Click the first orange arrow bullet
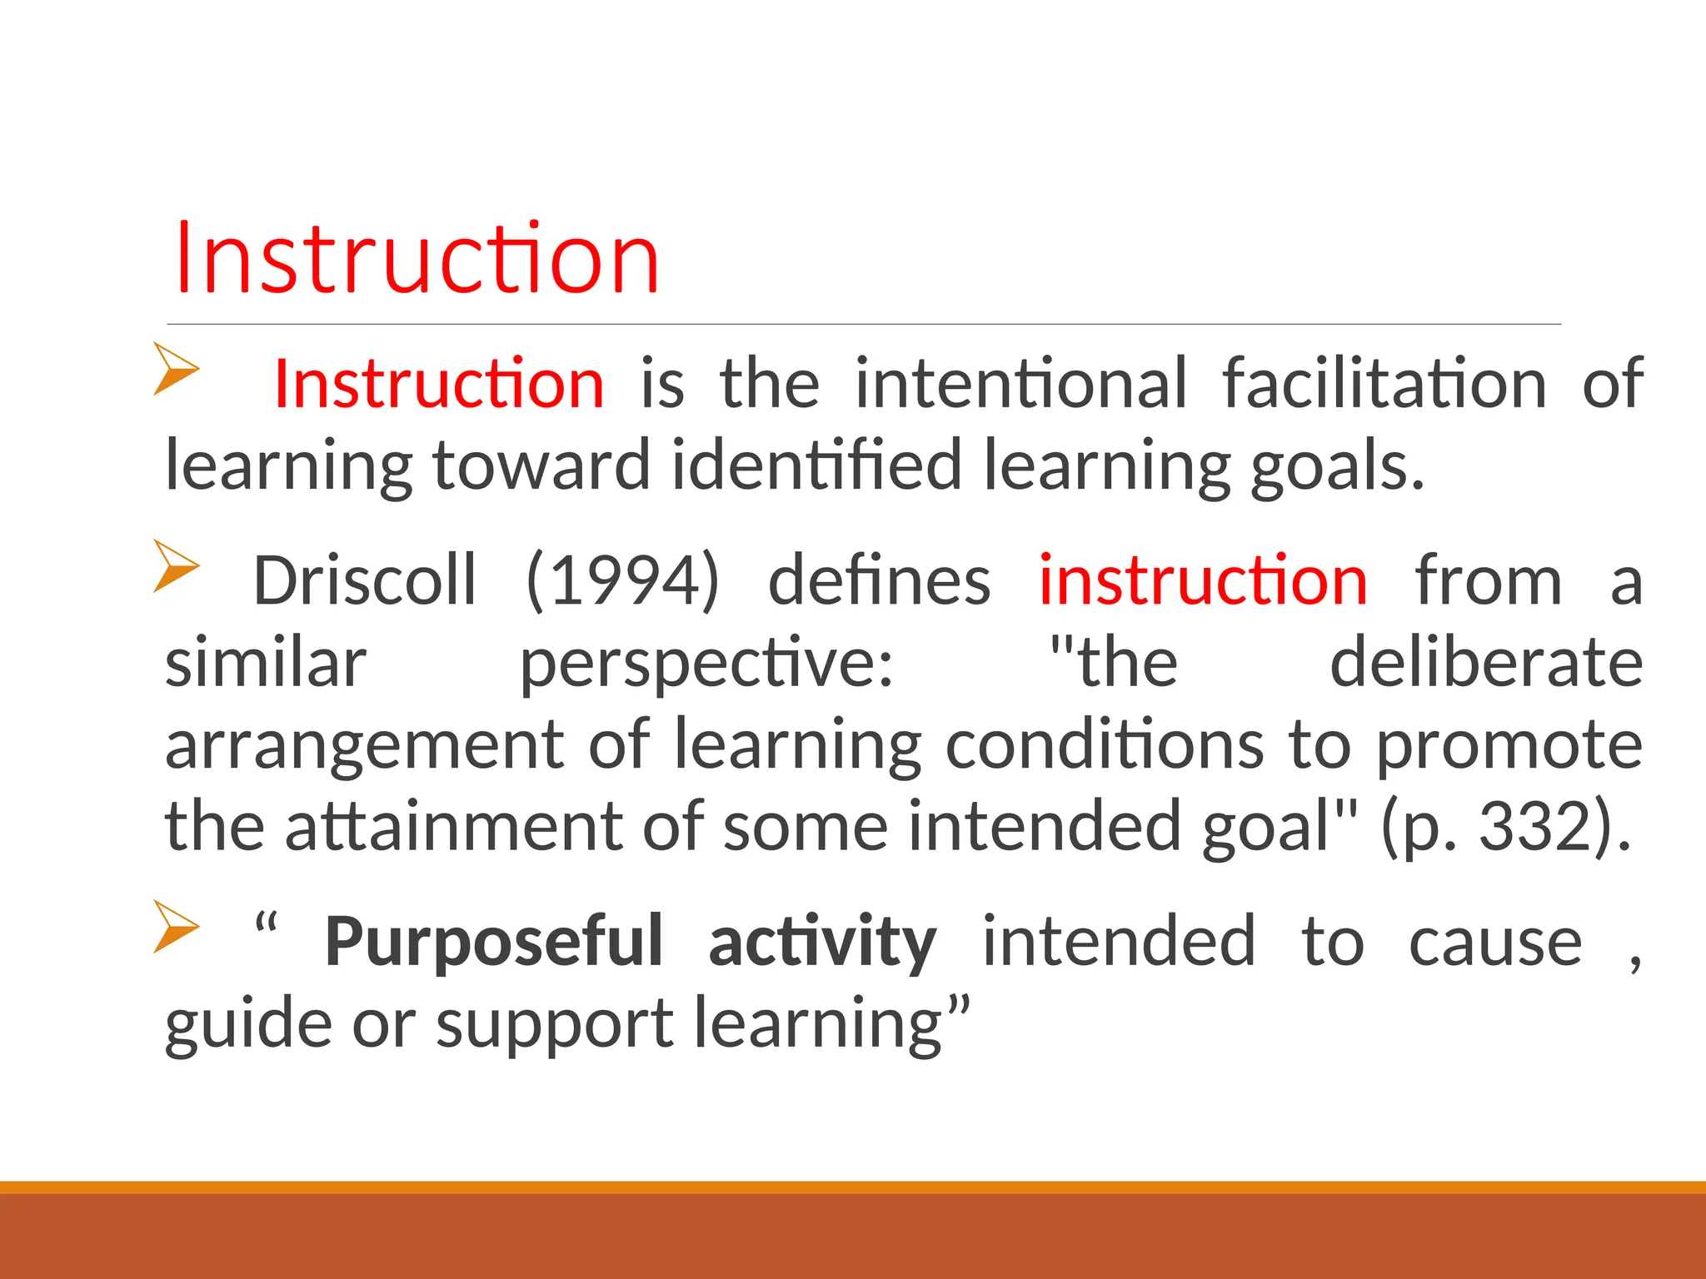176,369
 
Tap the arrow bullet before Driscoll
176,566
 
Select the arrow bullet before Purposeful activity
176,927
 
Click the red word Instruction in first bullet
439,384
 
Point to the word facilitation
1384,384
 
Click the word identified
816,465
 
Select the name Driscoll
365,580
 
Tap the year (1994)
622,580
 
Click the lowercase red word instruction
1203,580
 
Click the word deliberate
1485,662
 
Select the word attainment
453,826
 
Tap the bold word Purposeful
493,942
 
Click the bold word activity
822,942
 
